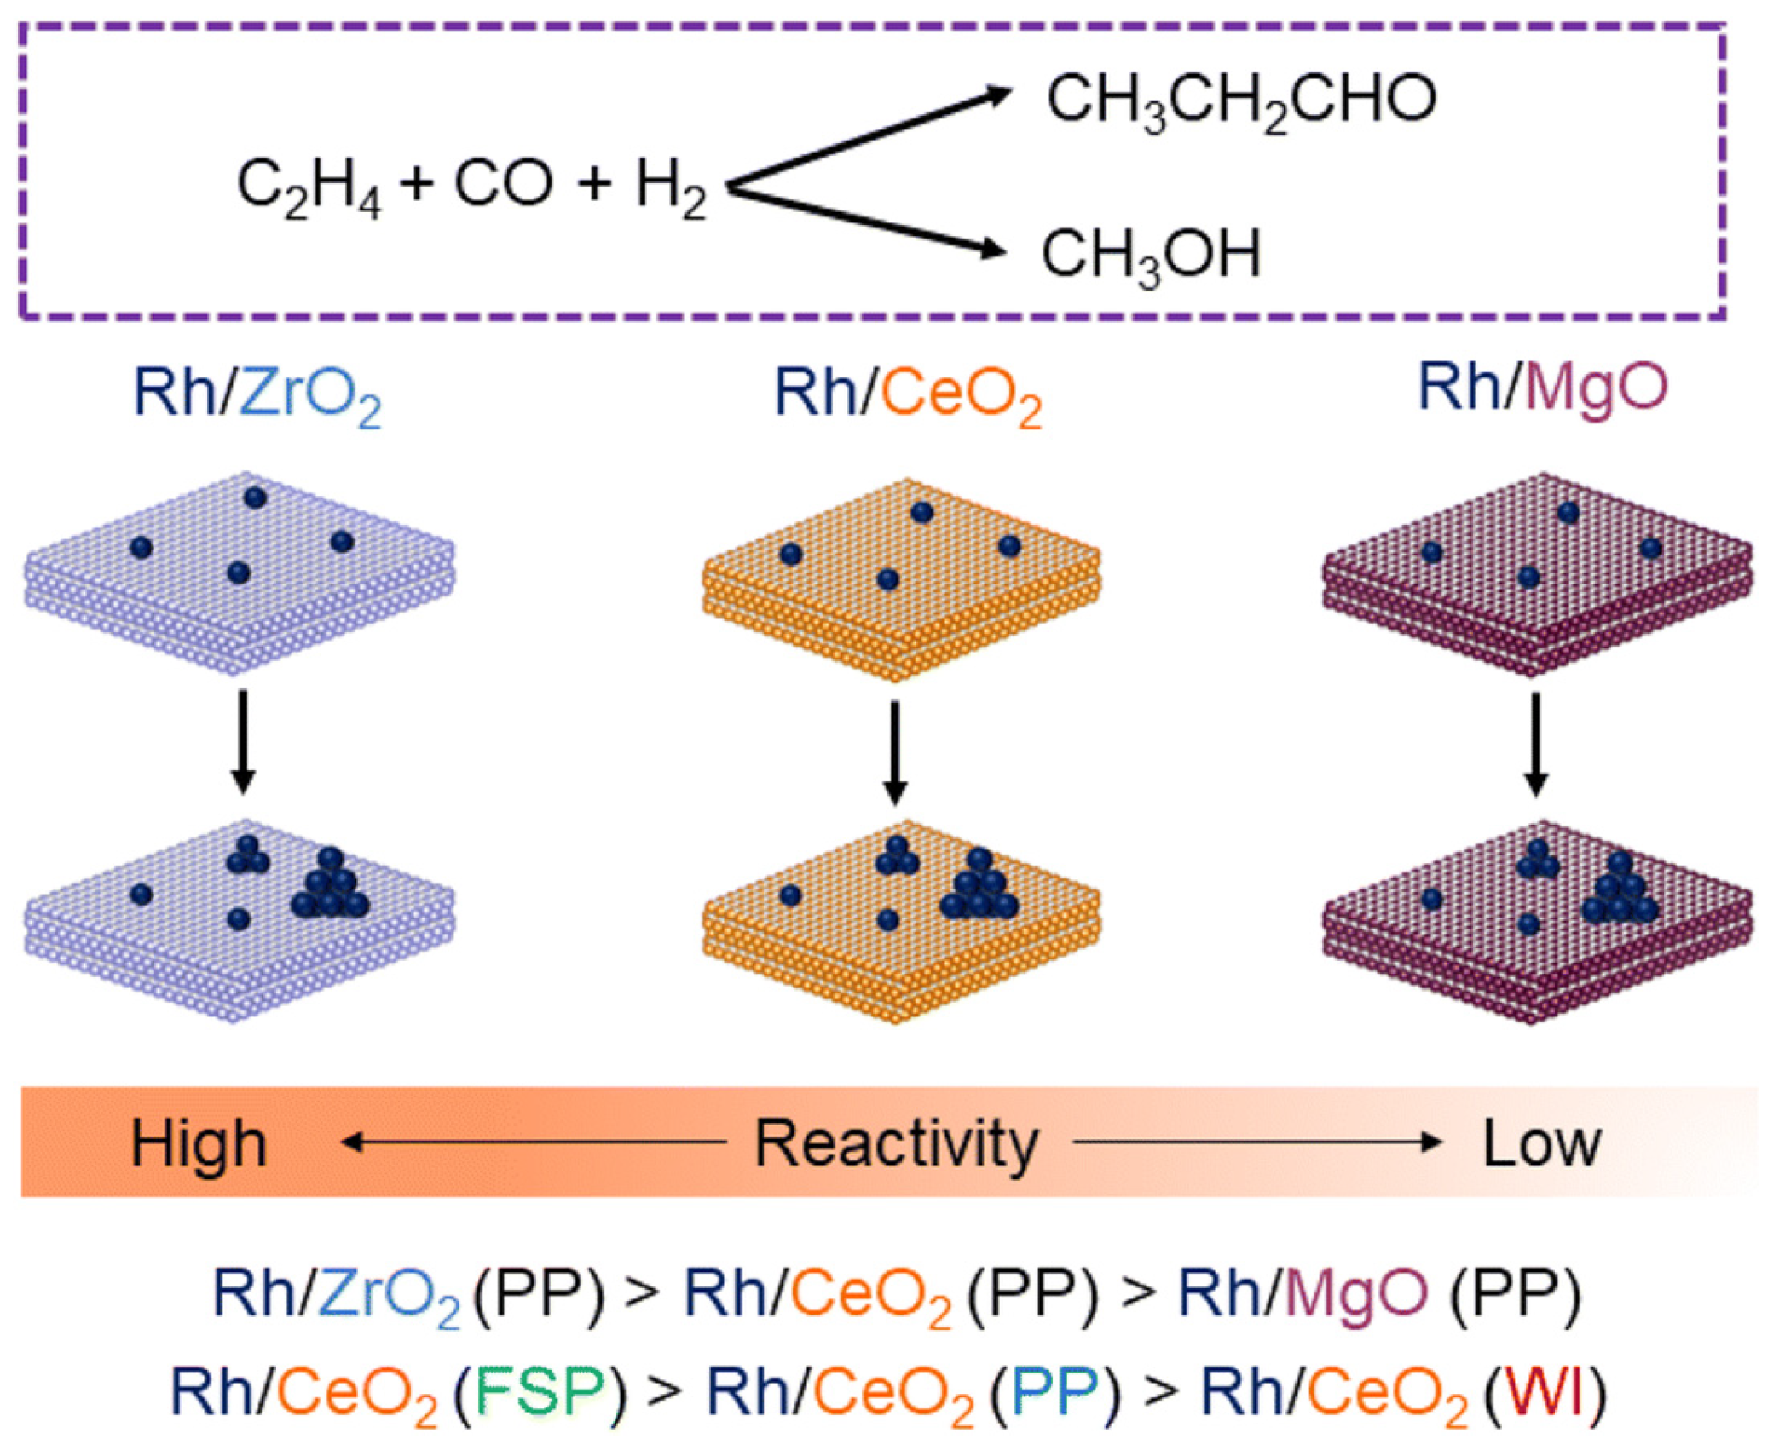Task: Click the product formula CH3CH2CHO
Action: click(1241, 101)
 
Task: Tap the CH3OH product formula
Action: click(1151, 254)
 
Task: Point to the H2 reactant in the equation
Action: click(671, 189)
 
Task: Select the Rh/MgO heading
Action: click(1541, 388)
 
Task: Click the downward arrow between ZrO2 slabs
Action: click(243, 740)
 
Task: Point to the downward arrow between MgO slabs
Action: click(1535, 744)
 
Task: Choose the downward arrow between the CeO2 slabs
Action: click(894, 751)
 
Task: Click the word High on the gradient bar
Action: click(199, 1143)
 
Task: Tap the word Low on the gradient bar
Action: click(1541, 1143)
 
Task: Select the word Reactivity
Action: click(897, 1143)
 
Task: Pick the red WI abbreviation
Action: click(1545, 1390)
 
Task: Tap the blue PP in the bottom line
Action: click(1055, 1390)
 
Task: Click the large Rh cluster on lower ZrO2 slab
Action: click(331, 888)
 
